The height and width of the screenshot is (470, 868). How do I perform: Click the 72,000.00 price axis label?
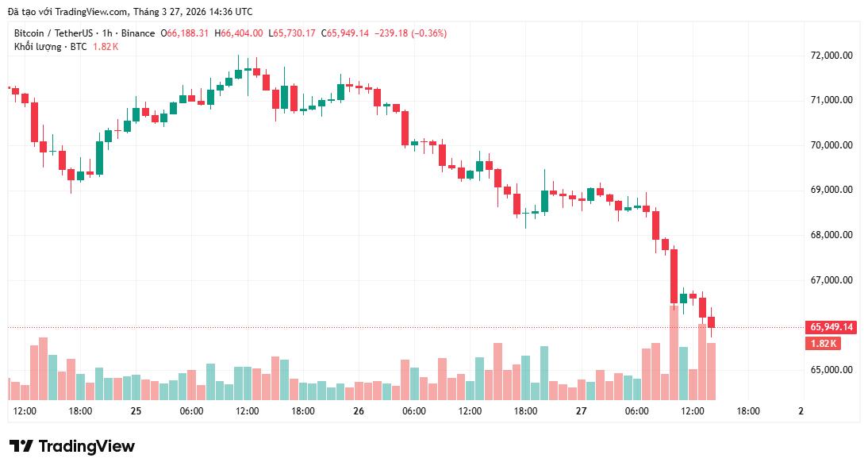832,56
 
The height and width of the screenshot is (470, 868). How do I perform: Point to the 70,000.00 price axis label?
832,145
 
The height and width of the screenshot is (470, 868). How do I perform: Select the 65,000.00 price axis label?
832,370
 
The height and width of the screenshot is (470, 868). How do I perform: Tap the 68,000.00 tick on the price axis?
832,235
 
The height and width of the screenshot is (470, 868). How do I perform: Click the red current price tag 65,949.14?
832,327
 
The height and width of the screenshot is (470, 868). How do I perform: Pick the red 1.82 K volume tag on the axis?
823,344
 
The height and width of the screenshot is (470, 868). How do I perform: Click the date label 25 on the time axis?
136,411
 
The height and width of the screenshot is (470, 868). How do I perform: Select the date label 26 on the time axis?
359,411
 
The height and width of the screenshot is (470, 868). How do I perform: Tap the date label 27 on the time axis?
581,411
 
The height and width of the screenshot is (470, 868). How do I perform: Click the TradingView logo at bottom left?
71,446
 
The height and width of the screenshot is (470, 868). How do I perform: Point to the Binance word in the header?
139,33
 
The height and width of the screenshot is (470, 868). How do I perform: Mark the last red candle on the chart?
712,322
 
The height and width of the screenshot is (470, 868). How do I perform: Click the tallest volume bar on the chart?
674,352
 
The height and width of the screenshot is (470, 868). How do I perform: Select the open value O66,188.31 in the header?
185,33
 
